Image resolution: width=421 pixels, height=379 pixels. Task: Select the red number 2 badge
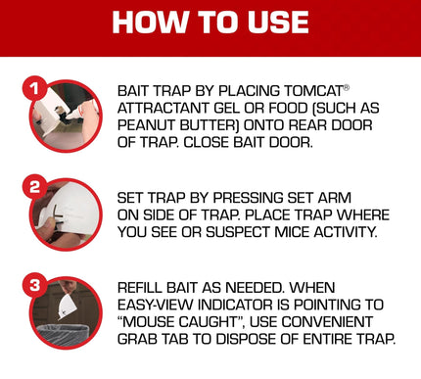31,184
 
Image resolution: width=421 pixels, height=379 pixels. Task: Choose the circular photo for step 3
66,313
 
